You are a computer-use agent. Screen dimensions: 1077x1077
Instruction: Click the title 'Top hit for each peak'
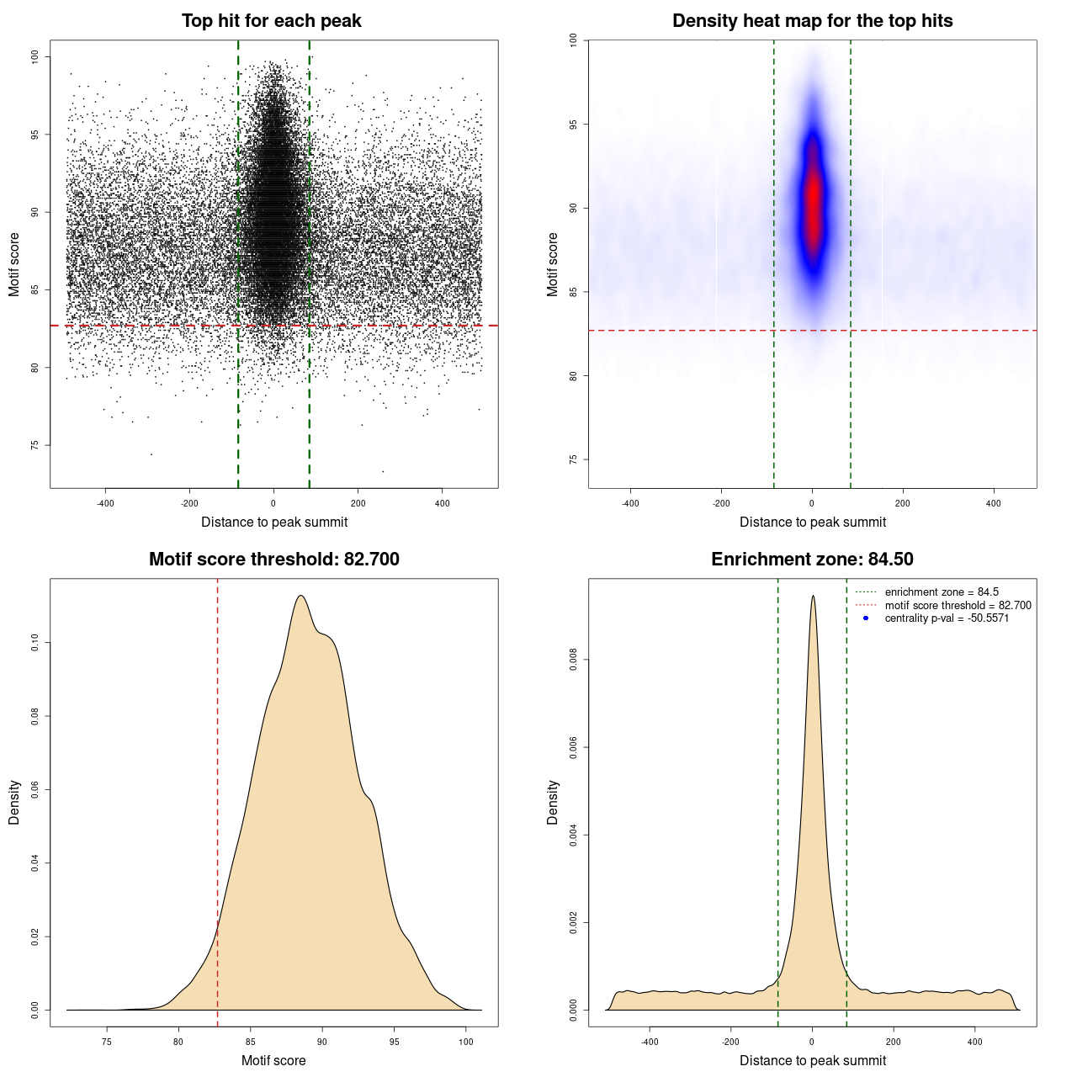click(271, 21)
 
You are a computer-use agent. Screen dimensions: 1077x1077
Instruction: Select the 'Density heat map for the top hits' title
click(812, 21)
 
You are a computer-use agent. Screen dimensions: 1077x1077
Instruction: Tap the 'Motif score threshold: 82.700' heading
click(273, 560)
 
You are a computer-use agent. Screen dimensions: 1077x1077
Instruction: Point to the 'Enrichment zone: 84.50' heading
click(812, 560)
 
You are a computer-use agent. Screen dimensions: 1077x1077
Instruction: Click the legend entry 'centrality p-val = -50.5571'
click(947, 618)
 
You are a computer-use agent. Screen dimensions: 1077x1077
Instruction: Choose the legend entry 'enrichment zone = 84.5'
click(942, 592)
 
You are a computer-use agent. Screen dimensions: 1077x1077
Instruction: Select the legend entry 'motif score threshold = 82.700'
click(958, 606)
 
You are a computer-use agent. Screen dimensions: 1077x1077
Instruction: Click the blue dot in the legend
click(866, 618)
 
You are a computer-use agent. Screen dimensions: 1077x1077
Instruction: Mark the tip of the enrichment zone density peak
click(813, 597)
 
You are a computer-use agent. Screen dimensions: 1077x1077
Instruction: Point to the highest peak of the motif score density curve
click(300, 597)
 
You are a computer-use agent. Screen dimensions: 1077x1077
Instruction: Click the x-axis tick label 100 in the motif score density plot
click(466, 1042)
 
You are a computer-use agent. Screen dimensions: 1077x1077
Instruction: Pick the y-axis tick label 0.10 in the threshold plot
click(34, 643)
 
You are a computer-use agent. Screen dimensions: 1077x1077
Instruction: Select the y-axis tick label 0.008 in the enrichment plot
click(573, 661)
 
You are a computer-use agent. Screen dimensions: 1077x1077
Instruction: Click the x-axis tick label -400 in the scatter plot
click(105, 503)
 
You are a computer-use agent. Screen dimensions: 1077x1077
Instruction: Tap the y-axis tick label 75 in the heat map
click(573, 459)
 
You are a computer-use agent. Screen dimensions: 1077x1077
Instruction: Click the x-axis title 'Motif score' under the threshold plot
click(273, 1060)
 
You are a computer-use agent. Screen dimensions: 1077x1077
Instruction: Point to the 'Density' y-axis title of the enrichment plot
click(553, 802)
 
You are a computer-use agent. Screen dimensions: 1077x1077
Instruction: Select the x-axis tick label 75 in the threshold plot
click(106, 1042)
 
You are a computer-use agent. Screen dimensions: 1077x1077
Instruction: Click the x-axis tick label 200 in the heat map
click(903, 503)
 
